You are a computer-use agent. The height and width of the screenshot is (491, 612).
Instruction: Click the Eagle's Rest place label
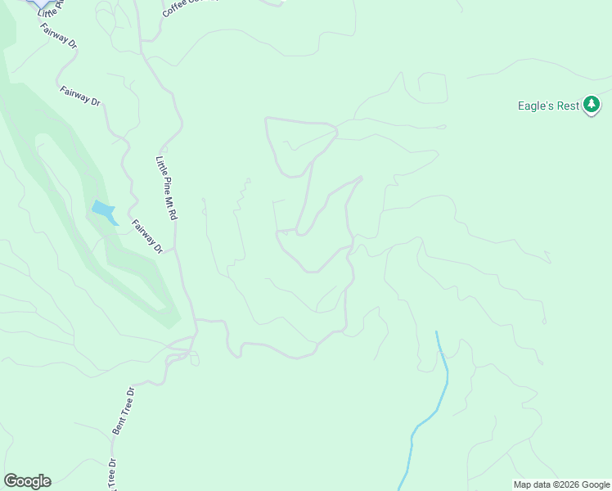click(x=549, y=106)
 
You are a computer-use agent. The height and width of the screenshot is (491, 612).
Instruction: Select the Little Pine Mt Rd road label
click(x=167, y=188)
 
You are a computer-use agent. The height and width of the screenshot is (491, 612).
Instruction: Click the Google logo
click(x=27, y=481)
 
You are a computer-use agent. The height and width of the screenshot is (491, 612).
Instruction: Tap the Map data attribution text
click(x=560, y=484)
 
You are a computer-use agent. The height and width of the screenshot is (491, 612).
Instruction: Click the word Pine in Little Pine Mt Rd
click(x=164, y=182)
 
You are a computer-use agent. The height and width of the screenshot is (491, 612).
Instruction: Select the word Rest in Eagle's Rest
click(x=568, y=106)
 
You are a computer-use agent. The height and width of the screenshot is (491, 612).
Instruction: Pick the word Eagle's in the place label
click(x=537, y=106)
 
